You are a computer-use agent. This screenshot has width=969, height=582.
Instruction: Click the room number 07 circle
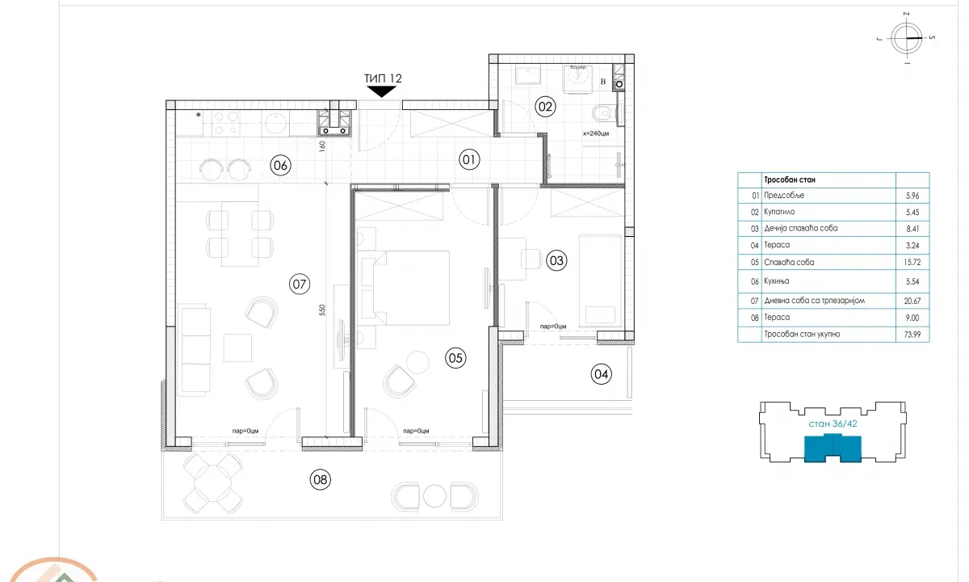tap(300, 284)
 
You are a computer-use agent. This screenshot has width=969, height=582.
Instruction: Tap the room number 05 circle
tap(455, 358)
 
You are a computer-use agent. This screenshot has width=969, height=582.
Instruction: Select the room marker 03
tap(556, 260)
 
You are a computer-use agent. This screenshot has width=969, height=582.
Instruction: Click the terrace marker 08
tap(321, 480)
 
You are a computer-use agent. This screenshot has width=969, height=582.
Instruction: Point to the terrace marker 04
tap(601, 373)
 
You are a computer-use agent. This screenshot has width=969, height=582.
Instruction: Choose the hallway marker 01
tap(469, 160)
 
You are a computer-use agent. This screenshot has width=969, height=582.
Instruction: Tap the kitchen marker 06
tap(280, 167)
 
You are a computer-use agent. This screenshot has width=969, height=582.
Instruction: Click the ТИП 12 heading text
tap(383, 78)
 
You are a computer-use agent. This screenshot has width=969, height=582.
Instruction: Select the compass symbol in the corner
tap(908, 38)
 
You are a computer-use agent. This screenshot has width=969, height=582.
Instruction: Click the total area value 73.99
tap(908, 333)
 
